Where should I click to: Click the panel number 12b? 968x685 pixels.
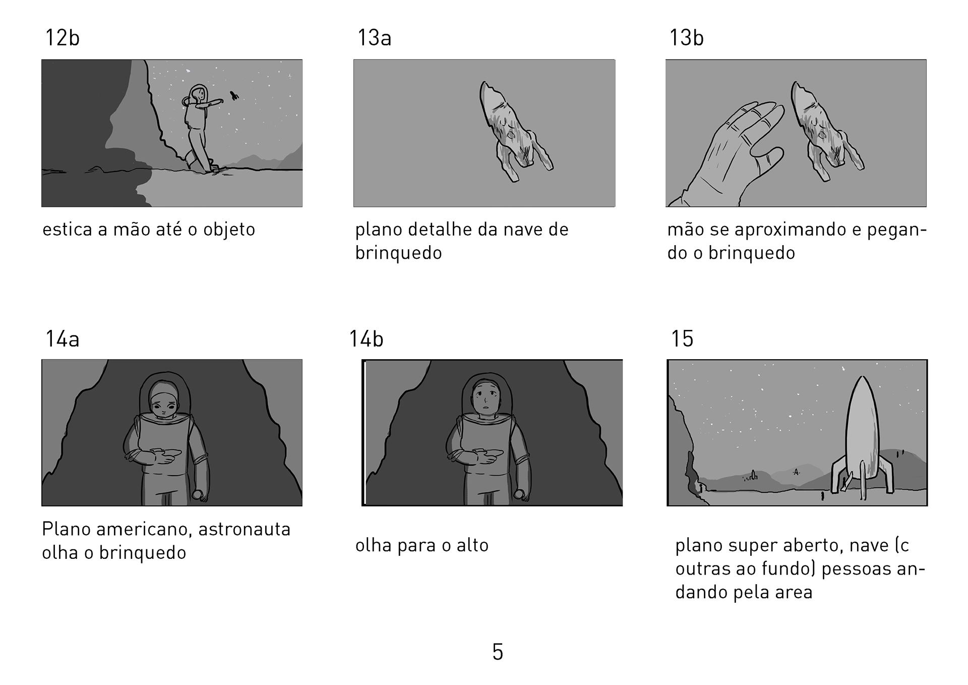click(x=63, y=38)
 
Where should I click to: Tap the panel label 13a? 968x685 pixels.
click(x=375, y=38)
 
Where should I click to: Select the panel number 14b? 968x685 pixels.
click(x=367, y=339)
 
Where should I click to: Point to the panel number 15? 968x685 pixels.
click(x=682, y=339)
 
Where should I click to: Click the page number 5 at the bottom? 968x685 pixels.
click(x=498, y=652)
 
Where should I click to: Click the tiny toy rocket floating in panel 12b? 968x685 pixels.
click(x=234, y=96)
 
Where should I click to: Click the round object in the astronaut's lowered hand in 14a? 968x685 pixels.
click(x=198, y=495)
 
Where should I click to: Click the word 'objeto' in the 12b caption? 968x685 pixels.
click(x=229, y=230)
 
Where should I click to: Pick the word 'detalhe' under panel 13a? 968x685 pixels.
click(x=440, y=230)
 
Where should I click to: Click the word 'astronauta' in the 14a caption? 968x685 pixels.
click(x=245, y=529)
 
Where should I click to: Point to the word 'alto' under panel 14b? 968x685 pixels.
click(x=472, y=545)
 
